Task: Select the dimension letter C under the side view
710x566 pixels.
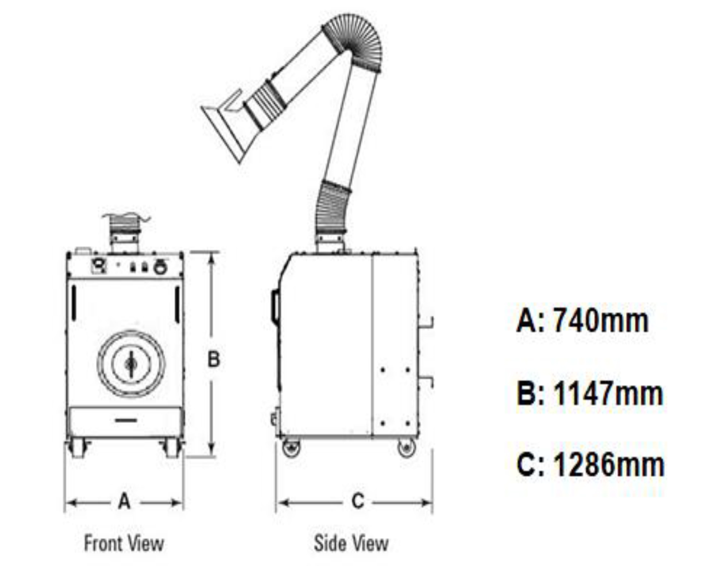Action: coord(358,502)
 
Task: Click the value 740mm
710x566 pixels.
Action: coord(601,320)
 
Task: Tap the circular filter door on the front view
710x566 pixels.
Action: coord(131,363)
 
